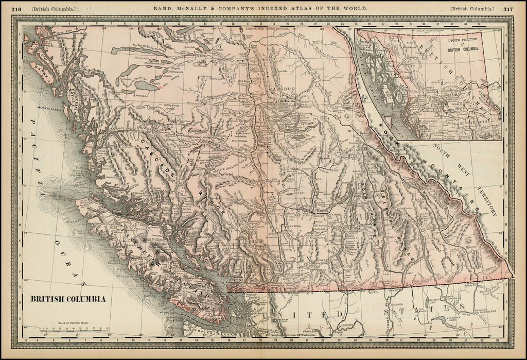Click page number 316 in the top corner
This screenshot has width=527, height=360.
point(17,9)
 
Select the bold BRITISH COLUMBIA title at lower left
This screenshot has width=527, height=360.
point(68,299)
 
